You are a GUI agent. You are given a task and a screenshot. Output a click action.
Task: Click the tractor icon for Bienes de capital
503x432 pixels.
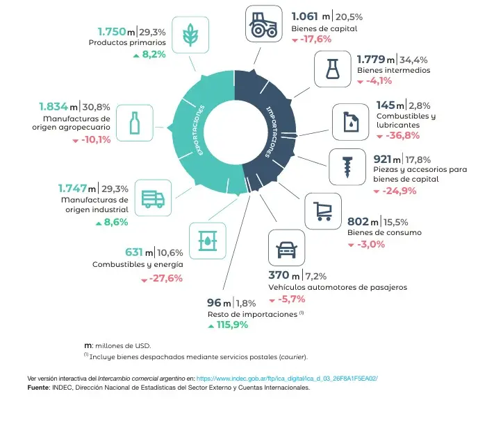(264, 24)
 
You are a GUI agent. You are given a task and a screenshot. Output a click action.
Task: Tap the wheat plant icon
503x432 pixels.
(190, 35)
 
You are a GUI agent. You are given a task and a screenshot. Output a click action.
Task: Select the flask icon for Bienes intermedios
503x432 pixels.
(332, 69)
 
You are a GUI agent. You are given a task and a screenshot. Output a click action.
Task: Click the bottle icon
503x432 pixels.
(134, 123)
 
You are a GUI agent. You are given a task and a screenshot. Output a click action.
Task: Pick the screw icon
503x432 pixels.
(347, 167)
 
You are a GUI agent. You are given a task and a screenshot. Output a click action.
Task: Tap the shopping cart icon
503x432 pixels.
(323, 211)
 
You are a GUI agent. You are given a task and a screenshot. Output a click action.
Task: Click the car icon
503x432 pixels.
(286, 250)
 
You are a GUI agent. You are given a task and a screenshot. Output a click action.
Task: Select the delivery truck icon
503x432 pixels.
(153, 199)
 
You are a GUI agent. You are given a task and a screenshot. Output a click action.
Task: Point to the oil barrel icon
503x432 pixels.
(208, 241)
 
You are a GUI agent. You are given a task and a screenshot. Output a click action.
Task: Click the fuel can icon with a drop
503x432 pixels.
(351, 121)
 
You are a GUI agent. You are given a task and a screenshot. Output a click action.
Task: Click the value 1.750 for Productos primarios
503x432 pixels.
(112, 32)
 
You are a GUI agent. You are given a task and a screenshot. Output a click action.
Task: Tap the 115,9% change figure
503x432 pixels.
(232, 325)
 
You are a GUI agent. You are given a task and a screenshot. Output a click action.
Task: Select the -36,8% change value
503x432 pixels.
(402, 135)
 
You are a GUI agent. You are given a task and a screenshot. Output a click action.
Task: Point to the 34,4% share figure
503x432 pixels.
(413, 60)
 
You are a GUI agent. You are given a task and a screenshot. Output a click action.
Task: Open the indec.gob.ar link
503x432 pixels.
(287, 379)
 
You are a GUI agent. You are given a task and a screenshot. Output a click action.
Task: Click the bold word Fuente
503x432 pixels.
(39, 388)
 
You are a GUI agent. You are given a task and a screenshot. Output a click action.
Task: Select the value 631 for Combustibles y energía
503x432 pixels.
(134, 252)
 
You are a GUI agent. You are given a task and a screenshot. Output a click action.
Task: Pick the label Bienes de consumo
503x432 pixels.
(384, 232)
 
